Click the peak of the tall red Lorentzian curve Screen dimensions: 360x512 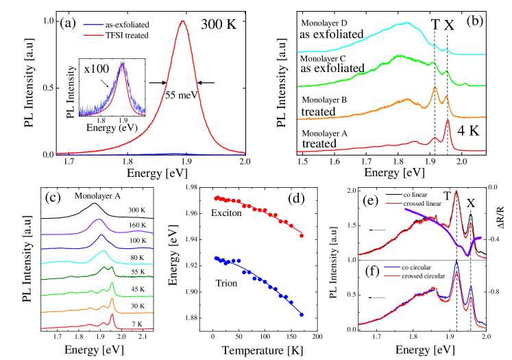[x=182, y=21]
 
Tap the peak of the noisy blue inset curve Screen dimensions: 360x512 [x=122, y=63]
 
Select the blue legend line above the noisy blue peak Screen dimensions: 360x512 [x=93, y=25]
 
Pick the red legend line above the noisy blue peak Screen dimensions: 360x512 [x=93, y=34]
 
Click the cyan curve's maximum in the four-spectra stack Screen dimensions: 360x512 [x=407, y=23]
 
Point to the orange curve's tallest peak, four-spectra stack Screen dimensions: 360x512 [x=435, y=87]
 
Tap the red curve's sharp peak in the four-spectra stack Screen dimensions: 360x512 [x=448, y=121]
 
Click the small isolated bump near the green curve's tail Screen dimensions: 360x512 [x=465, y=84]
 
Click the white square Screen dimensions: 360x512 [x=495, y=301]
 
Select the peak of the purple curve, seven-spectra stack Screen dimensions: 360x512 [x=99, y=220]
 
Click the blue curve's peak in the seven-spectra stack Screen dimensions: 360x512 [x=101, y=236]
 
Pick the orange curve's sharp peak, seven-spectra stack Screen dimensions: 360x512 [x=112, y=299]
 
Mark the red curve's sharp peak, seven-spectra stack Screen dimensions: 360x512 [x=112, y=315]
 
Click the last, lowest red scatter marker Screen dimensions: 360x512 [x=302, y=236]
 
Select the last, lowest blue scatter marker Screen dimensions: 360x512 [x=302, y=314]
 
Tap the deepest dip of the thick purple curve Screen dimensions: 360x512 [x=467, y=255]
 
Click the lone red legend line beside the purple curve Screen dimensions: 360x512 [x=393, y=203]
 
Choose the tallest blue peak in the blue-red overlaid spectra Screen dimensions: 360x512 [x=456, y=262]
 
